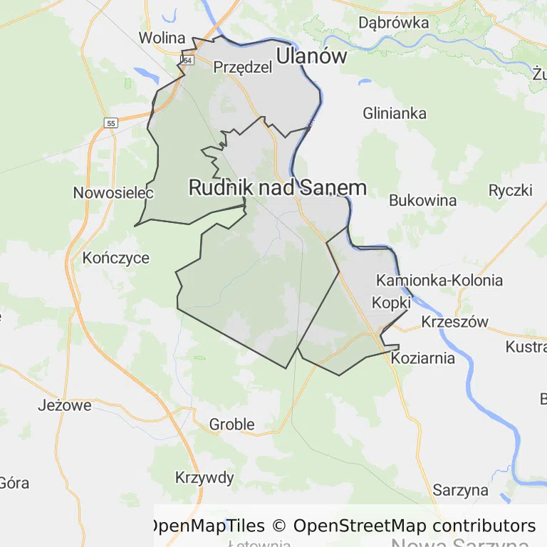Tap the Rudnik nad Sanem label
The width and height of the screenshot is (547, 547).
[x=278, y=187]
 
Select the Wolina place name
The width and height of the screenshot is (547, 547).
[x=162, y=38]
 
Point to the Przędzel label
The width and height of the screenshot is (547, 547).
[x=243, y=67]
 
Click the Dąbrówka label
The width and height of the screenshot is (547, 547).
[x=394, y=23]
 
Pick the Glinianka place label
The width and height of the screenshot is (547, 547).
[x=395, y=113]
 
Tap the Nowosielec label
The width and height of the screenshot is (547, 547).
[x=104, y=193]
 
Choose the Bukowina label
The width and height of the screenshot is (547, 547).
[x=422, y=200]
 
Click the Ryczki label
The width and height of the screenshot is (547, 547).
[x=511, y=190]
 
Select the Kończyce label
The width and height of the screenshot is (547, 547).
[x=116, y=258]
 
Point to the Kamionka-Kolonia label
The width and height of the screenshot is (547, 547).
[x=439, y=280]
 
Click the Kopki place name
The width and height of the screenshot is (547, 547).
[x=392, y=303]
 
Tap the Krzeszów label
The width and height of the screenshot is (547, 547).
[x=455, y=322]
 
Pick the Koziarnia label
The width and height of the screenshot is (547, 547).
[x=423, y=358]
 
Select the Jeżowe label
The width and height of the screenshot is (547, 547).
[x=65, y=406]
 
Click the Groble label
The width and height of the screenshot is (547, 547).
[x=231, y=424]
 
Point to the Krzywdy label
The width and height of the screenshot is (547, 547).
[x=204, y=477]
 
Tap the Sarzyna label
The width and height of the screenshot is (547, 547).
[x=461, y=490]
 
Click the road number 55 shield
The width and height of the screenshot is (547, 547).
[x=110, y=123]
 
